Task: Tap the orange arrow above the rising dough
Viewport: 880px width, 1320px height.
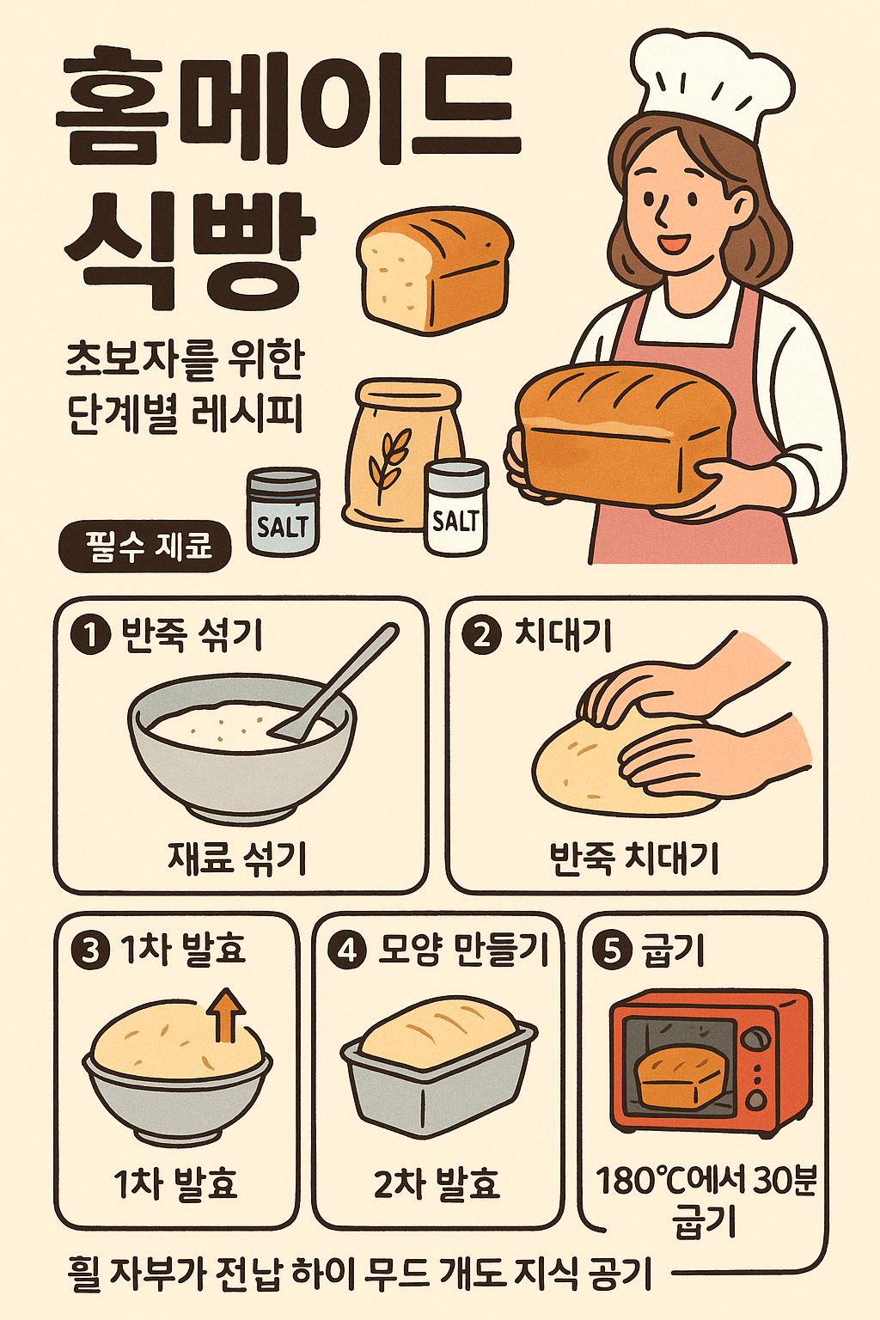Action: click(x=228, y=1014)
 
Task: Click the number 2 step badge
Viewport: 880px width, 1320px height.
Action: click(x=481, y=637)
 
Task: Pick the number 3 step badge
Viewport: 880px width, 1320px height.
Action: click(x=89, y=950)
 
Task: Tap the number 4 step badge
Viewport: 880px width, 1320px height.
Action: click(x=348, y=950)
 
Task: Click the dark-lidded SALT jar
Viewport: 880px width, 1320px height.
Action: click(x=283, y=511)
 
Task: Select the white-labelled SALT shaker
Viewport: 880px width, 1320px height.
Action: click(x=456, y=506)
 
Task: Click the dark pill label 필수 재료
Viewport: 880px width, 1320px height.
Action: click(x=144, y=546)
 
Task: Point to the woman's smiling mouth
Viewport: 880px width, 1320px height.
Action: click(x=673, y=242)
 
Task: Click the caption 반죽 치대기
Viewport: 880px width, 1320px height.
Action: click(x=633, y=859)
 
